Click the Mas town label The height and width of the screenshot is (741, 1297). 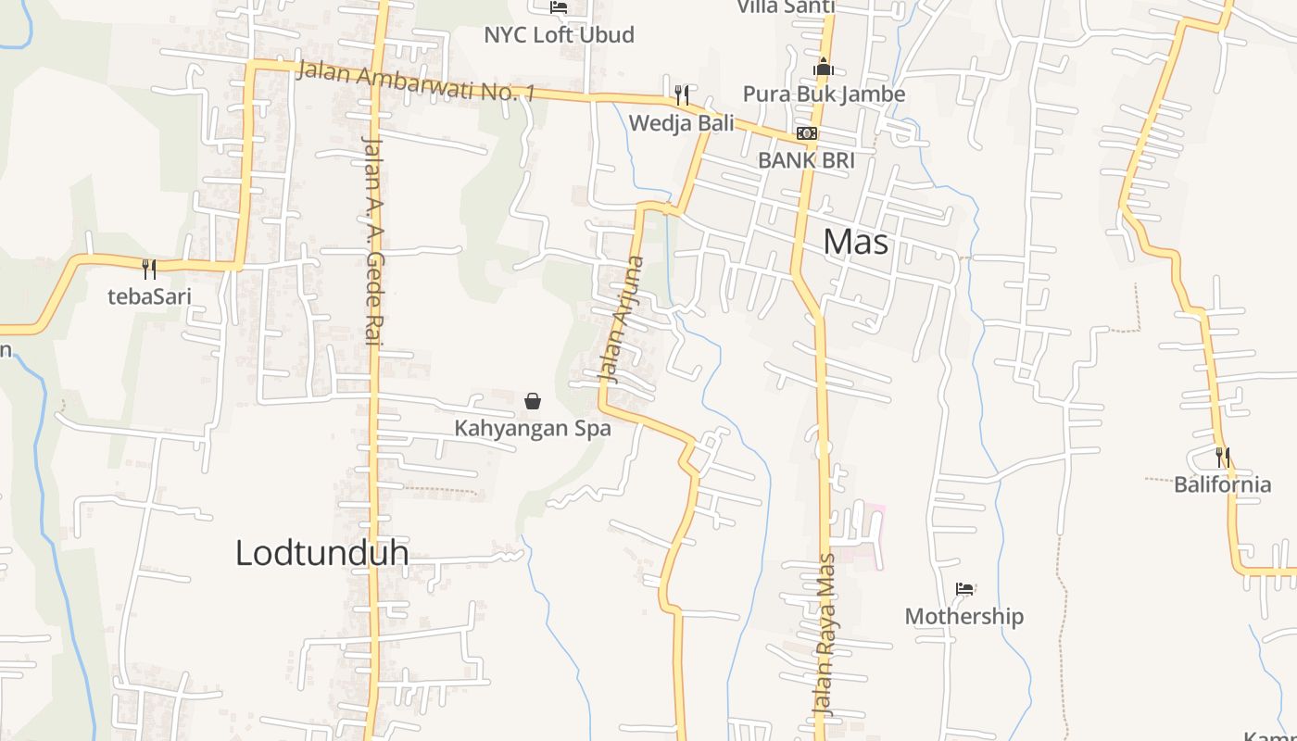(855, 242)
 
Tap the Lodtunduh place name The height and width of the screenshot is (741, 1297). (321, 553)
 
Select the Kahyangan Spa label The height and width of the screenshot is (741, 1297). (532, 429)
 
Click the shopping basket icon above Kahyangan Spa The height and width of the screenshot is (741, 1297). (533, 401)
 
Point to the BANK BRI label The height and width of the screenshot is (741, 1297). (806, 160)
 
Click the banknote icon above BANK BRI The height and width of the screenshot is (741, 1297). (807, 133)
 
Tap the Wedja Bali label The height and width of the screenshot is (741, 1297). (681, 123)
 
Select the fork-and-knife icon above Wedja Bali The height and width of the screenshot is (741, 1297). (682, 94)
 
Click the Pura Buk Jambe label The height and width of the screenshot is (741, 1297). (824, 94)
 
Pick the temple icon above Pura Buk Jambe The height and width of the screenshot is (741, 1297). (823, 67)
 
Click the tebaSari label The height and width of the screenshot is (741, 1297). (149, 296)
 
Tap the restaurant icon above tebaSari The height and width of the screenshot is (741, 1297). (148, 269)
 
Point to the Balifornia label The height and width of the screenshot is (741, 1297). (1222, 484)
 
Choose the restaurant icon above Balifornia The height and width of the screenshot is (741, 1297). (1223, 457)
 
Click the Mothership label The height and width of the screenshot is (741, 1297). (963, 617)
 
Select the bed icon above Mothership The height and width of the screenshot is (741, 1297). (964, 588)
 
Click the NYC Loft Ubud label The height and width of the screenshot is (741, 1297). (559, 35)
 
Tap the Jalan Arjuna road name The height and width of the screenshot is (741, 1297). (622, 320)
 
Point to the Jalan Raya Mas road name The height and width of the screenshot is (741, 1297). (824, 634)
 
